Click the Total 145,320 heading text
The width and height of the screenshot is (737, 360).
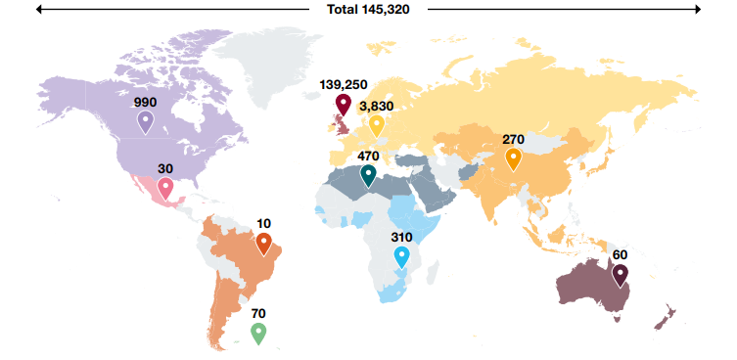368,9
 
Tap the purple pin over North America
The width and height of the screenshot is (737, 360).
146,120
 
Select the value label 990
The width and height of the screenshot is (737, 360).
146,102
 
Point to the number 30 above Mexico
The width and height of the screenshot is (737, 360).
165,168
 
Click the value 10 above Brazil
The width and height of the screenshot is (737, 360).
263,224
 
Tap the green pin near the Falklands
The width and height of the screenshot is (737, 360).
258,332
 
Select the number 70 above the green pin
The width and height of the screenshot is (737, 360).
258,314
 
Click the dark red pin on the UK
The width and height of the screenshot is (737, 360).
343,103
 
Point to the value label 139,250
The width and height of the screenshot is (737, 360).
343,84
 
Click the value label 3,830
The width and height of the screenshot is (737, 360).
377,106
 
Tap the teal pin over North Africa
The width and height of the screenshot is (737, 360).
368,174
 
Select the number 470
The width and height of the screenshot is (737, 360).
368,156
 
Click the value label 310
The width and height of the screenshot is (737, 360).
401,238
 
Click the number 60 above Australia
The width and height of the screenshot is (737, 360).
620,255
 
